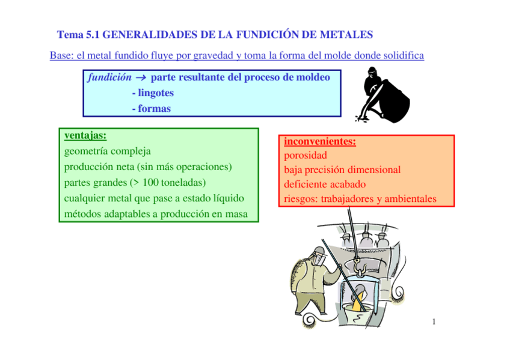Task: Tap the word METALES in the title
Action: (x=346, y=34)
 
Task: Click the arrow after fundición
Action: (x=141, y=78)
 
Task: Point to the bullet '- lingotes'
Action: (x=153, y=93)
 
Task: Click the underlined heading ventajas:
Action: (x=85, y=136)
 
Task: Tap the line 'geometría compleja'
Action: (x=106, y=151)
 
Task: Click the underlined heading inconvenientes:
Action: (x=320, y=142)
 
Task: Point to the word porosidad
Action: (x=306, y=156)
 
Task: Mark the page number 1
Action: (x=434, y=323)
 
